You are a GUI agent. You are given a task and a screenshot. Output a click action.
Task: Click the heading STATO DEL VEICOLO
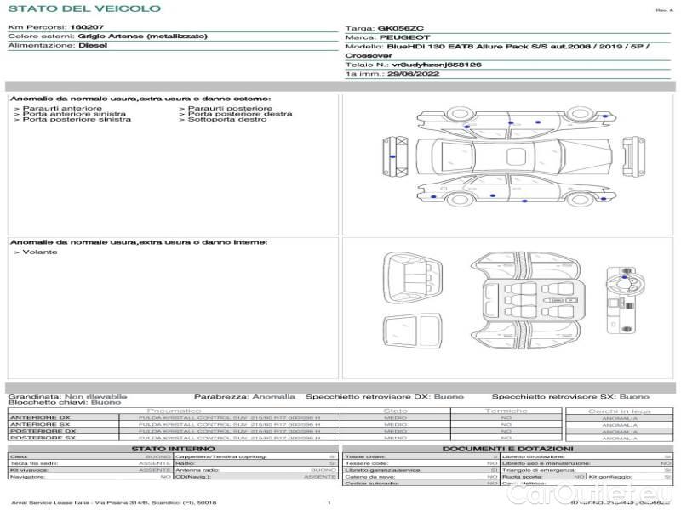(x=84, y=8)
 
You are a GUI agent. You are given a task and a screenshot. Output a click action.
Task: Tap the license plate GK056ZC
(x=397, y=28)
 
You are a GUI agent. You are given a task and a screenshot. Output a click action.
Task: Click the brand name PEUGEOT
(x=399, y=37)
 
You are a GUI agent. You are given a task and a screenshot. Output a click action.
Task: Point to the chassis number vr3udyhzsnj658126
(x=436, y=64)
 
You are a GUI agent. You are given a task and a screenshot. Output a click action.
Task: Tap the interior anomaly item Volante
(x=40, y=252)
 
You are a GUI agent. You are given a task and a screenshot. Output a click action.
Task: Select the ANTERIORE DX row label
(x=40, y=417)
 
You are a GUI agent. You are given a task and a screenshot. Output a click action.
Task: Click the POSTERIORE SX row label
(x=42, y=437)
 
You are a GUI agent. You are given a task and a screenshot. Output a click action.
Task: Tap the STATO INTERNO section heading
(x=173, y=448)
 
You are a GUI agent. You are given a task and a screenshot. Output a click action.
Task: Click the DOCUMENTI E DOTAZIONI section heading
(x=507, y=448)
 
